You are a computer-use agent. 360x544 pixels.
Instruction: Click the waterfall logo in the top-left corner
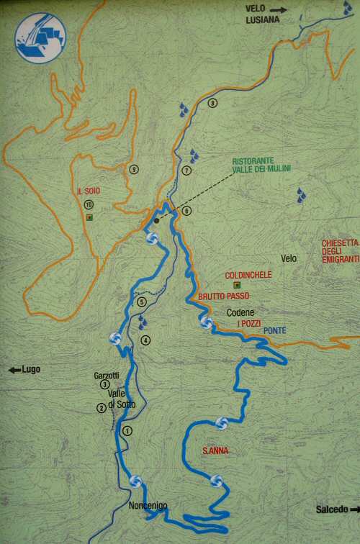coord(40,38)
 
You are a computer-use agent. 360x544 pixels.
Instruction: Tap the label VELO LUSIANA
coord(262,15)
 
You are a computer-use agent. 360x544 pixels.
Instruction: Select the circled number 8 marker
coord(212,103)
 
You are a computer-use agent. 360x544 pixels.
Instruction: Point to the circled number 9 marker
coord(134,169)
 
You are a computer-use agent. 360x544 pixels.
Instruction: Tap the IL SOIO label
coord(88,191)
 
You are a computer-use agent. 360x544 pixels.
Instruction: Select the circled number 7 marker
coord(186,171)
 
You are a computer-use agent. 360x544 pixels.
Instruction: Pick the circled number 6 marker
coord(186,211)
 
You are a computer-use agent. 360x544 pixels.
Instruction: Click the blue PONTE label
coord(275,330)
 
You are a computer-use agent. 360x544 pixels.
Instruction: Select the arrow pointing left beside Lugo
coord(14,370)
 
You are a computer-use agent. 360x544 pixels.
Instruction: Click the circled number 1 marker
coord(128,431)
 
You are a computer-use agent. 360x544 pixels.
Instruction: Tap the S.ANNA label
coord(215,451)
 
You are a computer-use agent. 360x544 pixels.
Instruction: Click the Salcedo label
coord(332,509)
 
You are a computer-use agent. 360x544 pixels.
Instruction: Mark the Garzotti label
coord(106,376)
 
